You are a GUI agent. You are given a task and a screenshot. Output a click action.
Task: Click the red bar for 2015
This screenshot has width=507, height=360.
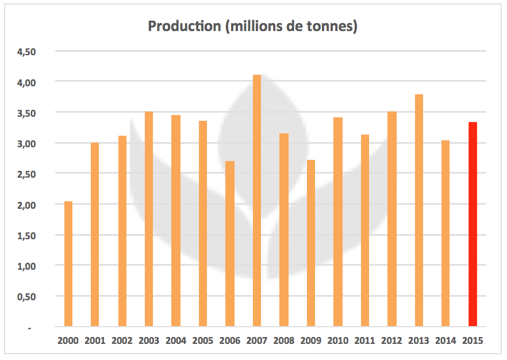point(473,224)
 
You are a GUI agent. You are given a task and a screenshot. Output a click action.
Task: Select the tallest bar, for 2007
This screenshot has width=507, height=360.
point(257,201)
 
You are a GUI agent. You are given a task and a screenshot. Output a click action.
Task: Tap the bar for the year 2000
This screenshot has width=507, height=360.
point(68,264)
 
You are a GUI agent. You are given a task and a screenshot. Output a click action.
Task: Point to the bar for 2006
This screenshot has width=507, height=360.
point(230,244)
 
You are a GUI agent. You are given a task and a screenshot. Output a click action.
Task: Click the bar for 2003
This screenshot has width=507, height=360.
point(149,219)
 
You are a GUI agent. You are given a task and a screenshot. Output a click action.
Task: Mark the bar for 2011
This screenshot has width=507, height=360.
point(364,231)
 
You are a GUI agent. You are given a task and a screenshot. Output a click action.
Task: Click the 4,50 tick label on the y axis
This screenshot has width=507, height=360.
point(26,52)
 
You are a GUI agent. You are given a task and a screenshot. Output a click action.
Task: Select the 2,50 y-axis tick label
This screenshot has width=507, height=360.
point(26,174)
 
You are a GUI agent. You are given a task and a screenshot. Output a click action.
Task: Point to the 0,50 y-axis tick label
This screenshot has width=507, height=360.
point(26,297)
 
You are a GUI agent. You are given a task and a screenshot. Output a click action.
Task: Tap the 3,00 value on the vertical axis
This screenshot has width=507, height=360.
point(26,143)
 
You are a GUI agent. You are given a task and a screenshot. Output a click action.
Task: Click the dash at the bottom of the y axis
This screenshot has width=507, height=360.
point(29,327)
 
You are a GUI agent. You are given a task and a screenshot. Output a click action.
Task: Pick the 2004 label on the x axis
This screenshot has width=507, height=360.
point(176,340)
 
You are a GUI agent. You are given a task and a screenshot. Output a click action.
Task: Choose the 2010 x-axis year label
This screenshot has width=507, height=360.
point(337,340)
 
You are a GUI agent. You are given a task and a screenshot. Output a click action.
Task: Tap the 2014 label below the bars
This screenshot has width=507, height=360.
point(445,340)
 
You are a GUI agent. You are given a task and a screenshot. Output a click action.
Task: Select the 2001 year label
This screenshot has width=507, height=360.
point(95,340)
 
